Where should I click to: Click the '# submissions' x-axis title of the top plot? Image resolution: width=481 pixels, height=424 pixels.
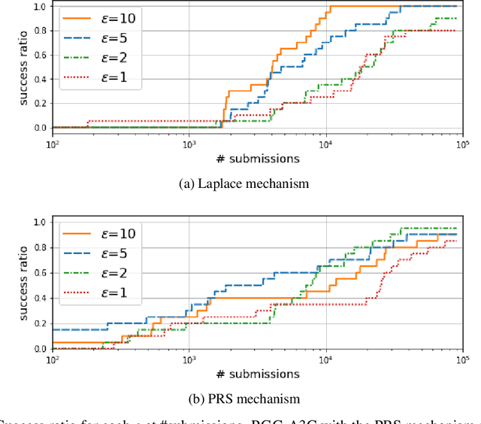click(x=258, y=158)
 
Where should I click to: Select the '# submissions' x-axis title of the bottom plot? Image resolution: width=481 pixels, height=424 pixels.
click(x=258, y=374)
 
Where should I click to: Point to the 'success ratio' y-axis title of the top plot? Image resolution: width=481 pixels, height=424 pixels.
click(x=24, y=67)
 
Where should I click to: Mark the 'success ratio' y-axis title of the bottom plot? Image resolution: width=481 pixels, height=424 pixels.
click(x=24, y=286)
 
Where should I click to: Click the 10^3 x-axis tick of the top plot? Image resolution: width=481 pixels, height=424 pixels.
click(x=189, y=143)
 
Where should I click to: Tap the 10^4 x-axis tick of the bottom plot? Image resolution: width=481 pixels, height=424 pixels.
click(x=325, y=359)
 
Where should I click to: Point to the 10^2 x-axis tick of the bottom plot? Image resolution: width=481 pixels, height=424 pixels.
click(x=53, y=359)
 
